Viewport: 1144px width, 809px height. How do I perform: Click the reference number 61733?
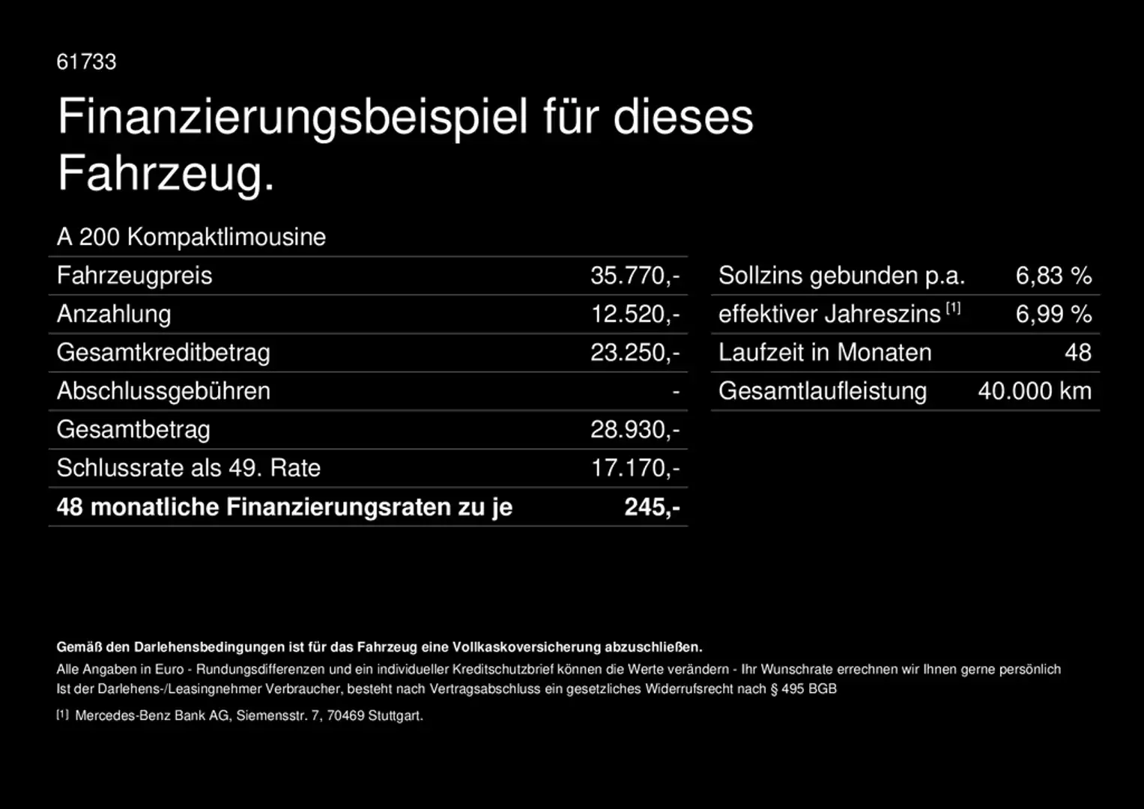(x=86, y=61)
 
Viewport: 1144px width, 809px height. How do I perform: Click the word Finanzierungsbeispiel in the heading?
(x=293, y=118)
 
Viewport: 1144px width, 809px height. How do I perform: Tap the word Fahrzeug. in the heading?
(x=166, y=174)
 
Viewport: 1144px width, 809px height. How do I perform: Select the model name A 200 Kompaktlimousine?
(x=191, y=237)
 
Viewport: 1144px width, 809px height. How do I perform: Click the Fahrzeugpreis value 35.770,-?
(x=635, y=276)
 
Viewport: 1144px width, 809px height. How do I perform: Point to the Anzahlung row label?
(x=114, y=314)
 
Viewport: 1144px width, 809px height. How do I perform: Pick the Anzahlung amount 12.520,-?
(x=635, y=314)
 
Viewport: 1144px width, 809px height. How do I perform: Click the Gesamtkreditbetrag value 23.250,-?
(x=635, y=353)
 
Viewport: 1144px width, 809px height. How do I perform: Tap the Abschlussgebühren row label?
(x=163, y=391)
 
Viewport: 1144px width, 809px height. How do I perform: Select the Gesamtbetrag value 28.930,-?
(x=635, y=430)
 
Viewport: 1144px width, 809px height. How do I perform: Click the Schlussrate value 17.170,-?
(x=635, y=468)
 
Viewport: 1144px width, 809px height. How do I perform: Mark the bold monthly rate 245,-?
(x=652, y=507)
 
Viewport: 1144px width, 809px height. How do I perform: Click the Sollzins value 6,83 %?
(x=1053, y=276)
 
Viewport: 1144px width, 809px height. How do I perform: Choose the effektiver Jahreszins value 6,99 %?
(x=1053, y=314)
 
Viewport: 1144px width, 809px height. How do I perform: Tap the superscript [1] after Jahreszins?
(x=953, y=308)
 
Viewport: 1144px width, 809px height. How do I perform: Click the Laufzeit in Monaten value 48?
(x=1078, y=353)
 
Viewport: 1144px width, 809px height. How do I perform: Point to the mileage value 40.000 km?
(x=1035, y=391)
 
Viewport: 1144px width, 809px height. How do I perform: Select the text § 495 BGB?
(x=803, y=689)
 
